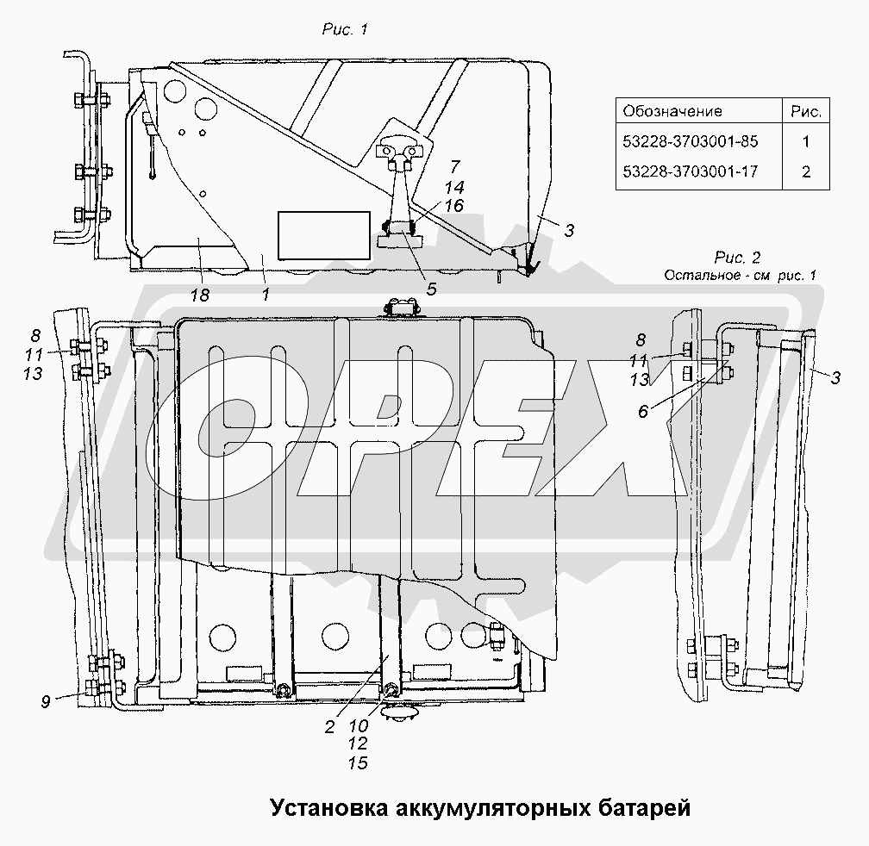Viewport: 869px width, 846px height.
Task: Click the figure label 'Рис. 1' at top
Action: (345, 29)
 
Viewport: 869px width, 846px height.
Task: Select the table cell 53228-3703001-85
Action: (690, 142)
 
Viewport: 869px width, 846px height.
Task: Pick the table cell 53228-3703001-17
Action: (690, 171)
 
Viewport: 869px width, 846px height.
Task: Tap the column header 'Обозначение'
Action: (672, 111)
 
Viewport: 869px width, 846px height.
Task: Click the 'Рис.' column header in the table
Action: (806, 112)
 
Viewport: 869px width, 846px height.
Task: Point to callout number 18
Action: (200, 295)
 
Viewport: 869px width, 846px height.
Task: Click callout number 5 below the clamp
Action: (431, 289)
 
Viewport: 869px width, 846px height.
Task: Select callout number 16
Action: (453, 206)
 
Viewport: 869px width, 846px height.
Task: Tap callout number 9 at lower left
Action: (46, 702)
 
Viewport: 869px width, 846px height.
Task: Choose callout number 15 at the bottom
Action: (358, 763)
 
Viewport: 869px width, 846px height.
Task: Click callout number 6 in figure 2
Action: (643, 412)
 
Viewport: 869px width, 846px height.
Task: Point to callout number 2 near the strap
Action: (329, 727)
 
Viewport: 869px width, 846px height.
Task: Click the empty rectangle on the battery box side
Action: (323, 235)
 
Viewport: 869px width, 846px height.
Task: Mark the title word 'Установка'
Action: (329, 809)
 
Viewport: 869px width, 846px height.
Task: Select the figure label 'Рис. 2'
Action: (737, 258)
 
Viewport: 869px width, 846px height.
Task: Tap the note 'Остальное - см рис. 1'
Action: (740, 275)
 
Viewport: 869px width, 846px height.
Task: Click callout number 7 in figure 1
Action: (455, 166)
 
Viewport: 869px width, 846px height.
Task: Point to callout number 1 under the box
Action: (266, 295)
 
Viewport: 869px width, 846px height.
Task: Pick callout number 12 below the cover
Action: (358, 743)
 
